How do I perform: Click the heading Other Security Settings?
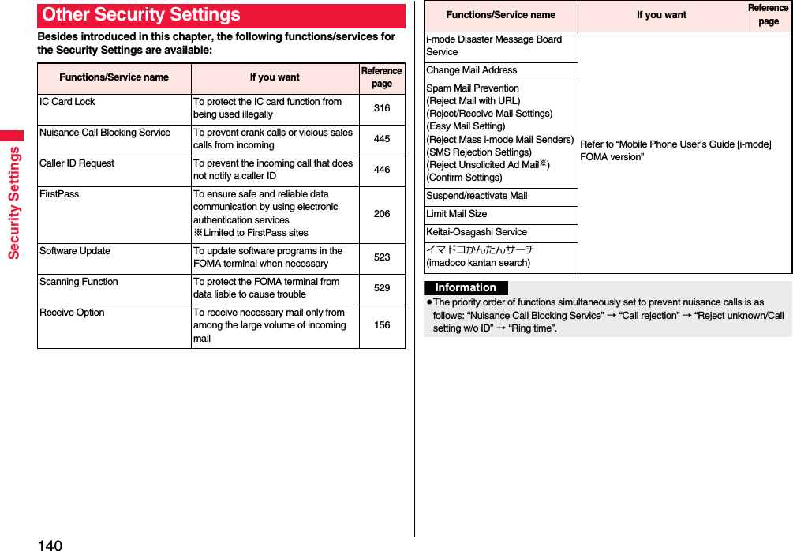pyautogui.click(x=142, y=15)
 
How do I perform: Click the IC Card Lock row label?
pyautogui.click(x=67, y=102)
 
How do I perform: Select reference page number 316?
pyautogui.click(x=382, y=107)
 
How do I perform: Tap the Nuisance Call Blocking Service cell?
pyautogui.click(x=105, y=133)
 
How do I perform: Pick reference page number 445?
pyautogui.click(x=382, y=139)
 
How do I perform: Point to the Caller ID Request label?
pyautogui.click(x=77, y=163)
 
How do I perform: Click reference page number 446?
pyautogui.click(x=382, y=170)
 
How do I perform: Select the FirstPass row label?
pyautogui.click(x=59, y=194)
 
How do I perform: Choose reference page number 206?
pyautogui.click(x=382, y=213)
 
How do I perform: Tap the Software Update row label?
pyautogui.click(x=75, y=251)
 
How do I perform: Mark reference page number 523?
pyautogui.click(x=382, y=257)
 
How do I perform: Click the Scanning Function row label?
pyautogui.click(x=79, y=282)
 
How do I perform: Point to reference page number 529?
pyautogui.click(x=382, y=288)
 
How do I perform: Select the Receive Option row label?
pyautogui.click(x=72, y=313)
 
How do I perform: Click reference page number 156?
pyautogui.click(x=382, y=325)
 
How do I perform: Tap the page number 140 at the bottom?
pyautogui.click(x=49, y=545)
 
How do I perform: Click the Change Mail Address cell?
pyautogui.click(x=472, y=70)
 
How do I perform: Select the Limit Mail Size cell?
pyautogui.click(x=457, y=214)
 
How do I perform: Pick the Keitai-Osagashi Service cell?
pyautogui.click(x=477, y=232)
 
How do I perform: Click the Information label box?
pyautogui.click(x=466, y=288)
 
